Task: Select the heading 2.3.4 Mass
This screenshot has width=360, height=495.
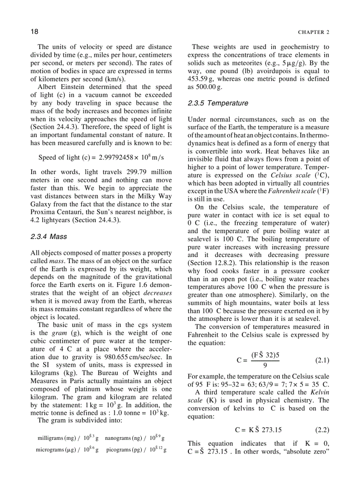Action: (x=49, y=237)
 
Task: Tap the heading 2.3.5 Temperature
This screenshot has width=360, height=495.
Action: (x=217, y=103)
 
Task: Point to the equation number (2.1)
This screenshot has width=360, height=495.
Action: (x=322, y=360)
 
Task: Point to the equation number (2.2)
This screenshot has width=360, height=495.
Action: (x=322, y=429)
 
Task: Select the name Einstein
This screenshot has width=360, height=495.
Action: (x=75, y=87)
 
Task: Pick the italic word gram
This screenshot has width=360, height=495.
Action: (x=59, y=333)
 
